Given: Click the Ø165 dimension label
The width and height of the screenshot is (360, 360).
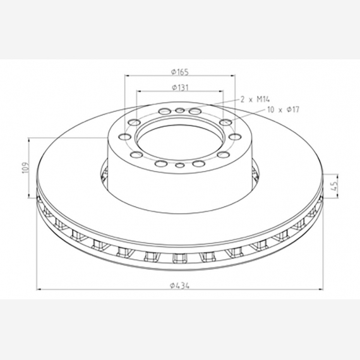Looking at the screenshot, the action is click(x=180, y=72).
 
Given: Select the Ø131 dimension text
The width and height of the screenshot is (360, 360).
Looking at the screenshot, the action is click(x=180, y=88).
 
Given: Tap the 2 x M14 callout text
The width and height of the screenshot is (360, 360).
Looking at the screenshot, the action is click(x=255, y=99).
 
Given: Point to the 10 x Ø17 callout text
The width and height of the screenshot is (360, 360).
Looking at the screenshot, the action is click(x=284, y=109).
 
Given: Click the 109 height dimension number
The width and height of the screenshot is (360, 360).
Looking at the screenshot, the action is click(x=25, y=168).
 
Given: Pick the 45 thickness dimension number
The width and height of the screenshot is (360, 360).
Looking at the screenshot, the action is click(x=334, y=185).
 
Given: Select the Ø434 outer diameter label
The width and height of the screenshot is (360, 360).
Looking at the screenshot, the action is click(x=180, y=285).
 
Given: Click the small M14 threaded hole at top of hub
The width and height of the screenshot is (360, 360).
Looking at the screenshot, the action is click(x=180, y=111).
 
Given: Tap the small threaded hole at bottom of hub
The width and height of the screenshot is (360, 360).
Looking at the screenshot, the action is click(x=180, y=165).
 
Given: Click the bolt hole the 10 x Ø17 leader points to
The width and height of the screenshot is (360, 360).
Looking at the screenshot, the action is click(x=225, y=122).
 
